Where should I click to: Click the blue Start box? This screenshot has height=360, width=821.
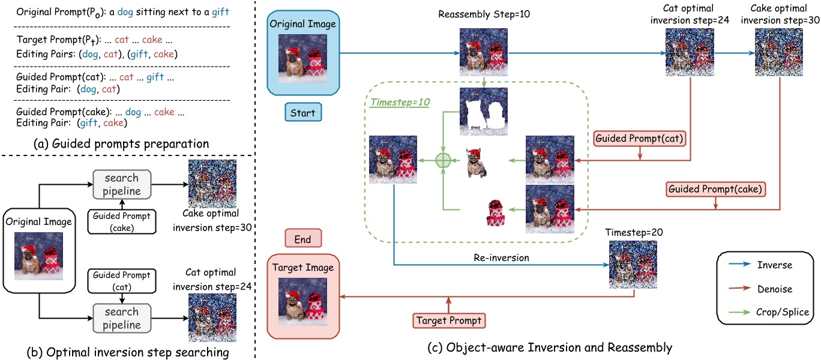click(x=303, y=112)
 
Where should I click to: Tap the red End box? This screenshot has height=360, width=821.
click(x=302, y=239)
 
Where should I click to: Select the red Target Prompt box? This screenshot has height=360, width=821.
click(x=448, y=320)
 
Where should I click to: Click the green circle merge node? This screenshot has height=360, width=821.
click(x=443, y=160)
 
